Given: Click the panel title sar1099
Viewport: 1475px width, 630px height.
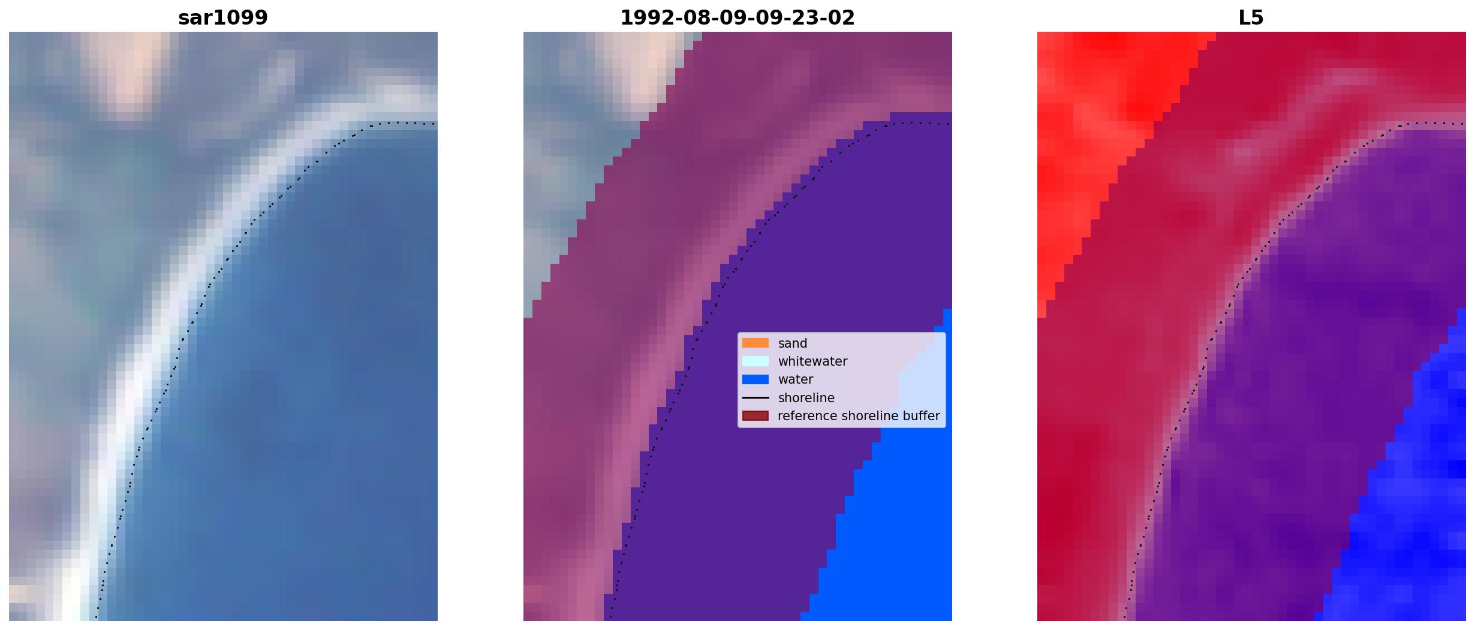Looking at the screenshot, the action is pos(222,17).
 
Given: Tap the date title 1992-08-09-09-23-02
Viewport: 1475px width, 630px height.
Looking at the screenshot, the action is pos(737,17).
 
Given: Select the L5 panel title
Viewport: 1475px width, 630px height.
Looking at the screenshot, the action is pos(1251,17).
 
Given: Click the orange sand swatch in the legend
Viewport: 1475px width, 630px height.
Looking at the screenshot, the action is pos(755,343).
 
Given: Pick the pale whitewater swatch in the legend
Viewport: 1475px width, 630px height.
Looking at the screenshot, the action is pos(755,361).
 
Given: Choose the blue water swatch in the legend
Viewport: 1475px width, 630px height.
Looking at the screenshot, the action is pos(755,379).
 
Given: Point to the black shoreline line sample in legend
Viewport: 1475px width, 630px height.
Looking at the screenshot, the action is pos(755,397).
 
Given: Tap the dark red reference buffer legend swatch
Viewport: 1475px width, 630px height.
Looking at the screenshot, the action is pos(755,415).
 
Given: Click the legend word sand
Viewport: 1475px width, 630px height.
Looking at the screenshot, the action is pos(792,343).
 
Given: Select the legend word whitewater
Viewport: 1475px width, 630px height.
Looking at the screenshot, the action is pos(812,361).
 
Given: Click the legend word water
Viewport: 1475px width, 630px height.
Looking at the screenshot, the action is pos(795,379).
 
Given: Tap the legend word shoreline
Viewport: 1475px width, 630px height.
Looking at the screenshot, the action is pos(806,397).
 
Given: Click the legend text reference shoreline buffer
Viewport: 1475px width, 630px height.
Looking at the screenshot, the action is pos(859,416).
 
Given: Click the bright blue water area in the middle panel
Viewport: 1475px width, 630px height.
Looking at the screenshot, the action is pos(887,539).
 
